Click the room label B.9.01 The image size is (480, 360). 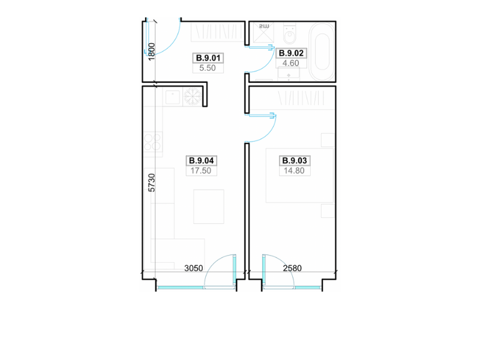tap(208, 58)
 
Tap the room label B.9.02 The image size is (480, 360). tap(291, 53)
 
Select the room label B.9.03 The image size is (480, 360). tap(295, 160)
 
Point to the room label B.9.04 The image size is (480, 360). tap(202, 160)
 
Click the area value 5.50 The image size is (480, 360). tap(208, 68)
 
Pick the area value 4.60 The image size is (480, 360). tap(291, 63)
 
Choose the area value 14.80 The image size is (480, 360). tap(294, 170)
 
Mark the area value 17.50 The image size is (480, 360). tap(201, 170)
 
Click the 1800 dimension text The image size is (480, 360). tap(152, 52)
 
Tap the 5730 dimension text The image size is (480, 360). tap(152, 183)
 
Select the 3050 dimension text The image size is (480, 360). tap(193, 268)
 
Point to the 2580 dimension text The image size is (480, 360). tap(292, 268)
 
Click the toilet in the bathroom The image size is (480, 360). tap(290, 33)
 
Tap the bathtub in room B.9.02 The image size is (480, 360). tap(322, 52)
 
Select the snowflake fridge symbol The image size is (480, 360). tap(193, 97)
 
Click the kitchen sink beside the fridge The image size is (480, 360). tap(173, 97)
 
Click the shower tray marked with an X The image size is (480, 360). tap(262, 33)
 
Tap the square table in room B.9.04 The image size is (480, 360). tap(209, 206)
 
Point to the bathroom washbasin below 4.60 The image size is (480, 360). tap(289, 74)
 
